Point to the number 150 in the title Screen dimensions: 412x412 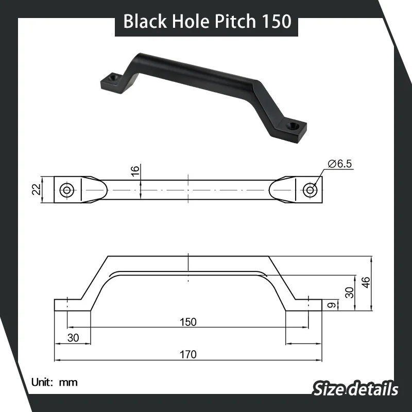click(x=275, y=21)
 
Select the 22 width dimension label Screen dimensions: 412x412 click(x=36, y=190)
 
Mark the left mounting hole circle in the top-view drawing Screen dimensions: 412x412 click(x=66, y=190)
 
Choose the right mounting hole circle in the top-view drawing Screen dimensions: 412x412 click(x=310, y=190)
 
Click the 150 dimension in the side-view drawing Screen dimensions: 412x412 click(x=188, y=322)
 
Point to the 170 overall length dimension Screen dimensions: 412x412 click(x=188, y=354)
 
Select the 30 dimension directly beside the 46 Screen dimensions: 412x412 click(x=350, y=292)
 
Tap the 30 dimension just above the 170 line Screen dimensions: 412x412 click(x=73, y=338)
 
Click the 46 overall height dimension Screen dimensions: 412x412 click(x=366, y=283)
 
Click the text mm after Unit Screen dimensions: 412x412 click(x=68, y=382)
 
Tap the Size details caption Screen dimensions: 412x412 click(x=355, y=388)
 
